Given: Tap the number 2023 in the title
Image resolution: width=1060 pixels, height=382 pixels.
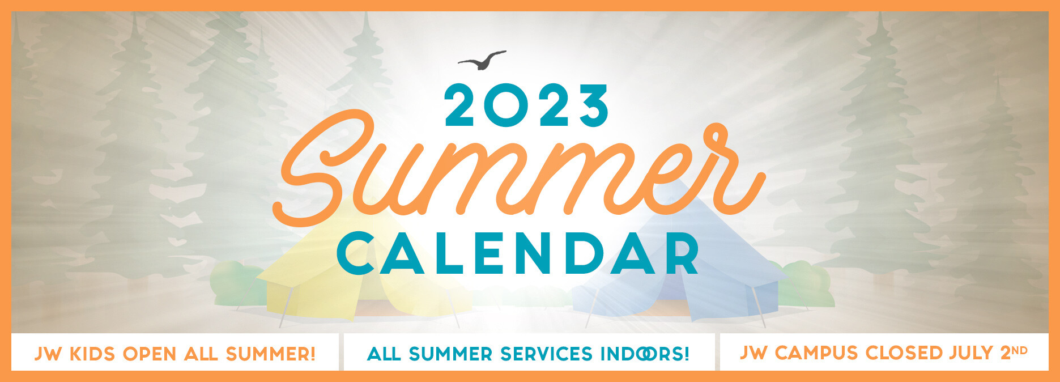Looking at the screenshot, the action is [x=527, y=105].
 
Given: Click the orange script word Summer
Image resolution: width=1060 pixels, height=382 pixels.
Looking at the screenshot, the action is [x=519, y=169].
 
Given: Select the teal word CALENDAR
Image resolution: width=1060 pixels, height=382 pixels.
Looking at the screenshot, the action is [x=518, y=253].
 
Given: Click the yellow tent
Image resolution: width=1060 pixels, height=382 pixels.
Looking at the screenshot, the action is [x=363, y=272].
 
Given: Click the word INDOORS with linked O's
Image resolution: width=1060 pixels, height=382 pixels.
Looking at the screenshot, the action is [x=645, y=354].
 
